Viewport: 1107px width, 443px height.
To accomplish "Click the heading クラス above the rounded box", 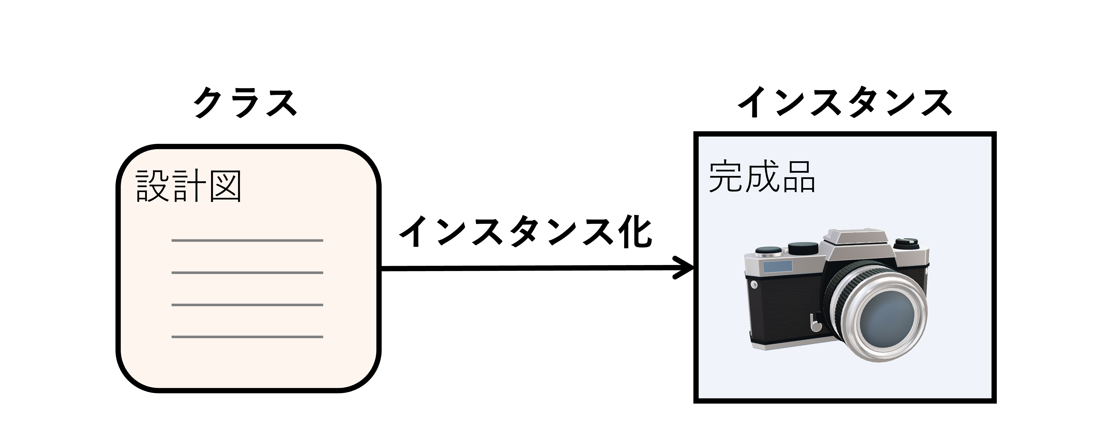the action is (245, 102).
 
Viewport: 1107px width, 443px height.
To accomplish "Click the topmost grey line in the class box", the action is (247, 240).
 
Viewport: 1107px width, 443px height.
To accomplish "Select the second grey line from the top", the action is (247, 273).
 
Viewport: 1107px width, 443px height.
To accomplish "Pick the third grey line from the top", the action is (247, 305).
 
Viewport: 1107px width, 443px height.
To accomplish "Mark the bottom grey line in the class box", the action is (247, 337).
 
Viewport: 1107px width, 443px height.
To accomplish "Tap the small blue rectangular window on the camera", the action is (778, 267).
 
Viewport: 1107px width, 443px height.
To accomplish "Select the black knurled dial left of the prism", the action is (803, 248).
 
